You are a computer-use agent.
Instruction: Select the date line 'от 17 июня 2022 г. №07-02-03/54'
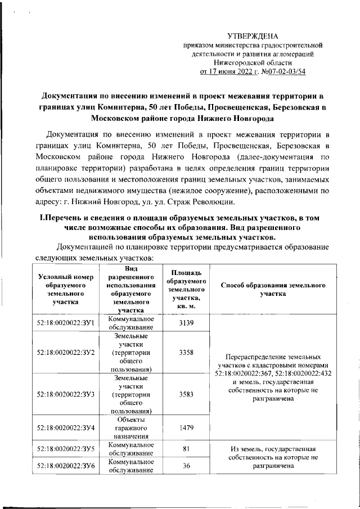click(x=253, y=72)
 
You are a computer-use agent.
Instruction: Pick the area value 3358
click(x=186, y=352)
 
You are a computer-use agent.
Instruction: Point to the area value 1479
click(x=186, y=427)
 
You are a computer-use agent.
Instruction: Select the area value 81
click(x=186, y=449)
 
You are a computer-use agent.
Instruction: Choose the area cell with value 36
click(x=186, y=466)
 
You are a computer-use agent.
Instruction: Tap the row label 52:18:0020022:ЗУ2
click(x=65, y=352)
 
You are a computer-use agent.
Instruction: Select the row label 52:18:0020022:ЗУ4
click(x=65, y=427)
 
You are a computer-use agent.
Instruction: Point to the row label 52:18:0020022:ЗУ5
click(x=65, y=449)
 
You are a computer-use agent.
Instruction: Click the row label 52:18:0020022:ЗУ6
click(x=65, y=466)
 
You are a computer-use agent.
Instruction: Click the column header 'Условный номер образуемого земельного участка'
click(x=65, y=289)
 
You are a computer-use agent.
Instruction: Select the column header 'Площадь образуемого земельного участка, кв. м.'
click(x=186, y=289)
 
